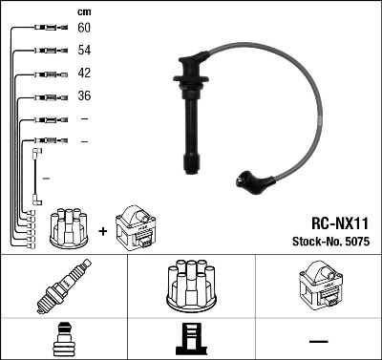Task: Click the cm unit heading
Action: (x=83, y=11)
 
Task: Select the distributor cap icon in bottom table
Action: (x=190, y=285)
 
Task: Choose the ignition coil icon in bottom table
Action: (x=317, y=285)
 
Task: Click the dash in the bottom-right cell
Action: (x=317, y=339)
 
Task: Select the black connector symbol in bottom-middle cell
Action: (x=190, y=339)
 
